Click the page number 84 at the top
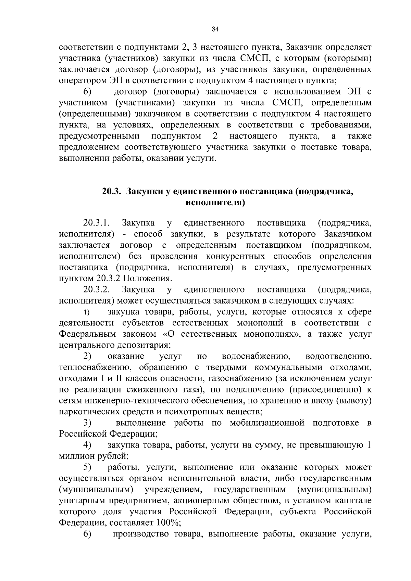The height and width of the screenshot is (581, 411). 215,29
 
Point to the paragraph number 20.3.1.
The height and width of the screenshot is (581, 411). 96,223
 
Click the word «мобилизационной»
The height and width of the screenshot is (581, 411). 267,423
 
